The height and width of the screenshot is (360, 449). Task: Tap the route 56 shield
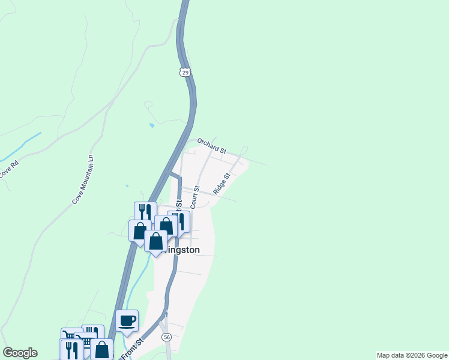click(166, 338)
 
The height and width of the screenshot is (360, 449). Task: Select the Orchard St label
click(211, 146)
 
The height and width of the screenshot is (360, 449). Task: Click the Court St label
click(194, 197)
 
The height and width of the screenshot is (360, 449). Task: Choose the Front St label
click(133, 350)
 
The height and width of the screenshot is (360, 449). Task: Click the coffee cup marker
click(127, 320)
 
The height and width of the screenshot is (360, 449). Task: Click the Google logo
click(20, 353)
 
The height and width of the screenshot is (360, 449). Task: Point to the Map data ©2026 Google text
click(412, 355)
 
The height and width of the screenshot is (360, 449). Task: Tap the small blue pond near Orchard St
click(151, 126)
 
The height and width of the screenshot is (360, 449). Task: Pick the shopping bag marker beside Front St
click(102, 349)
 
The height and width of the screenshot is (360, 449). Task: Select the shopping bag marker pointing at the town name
click(156, 241)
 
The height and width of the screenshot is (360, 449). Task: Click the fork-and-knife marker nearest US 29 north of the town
click(145, 212)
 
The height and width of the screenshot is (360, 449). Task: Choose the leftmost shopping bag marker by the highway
click(139, 230)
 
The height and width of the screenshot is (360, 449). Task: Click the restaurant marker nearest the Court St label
click(179, 221)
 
